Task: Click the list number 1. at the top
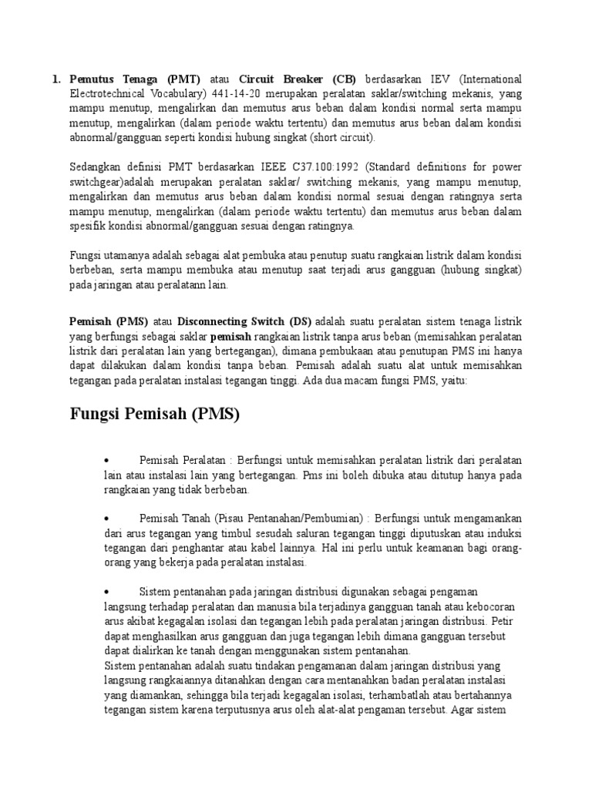[x=56, y=79]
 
